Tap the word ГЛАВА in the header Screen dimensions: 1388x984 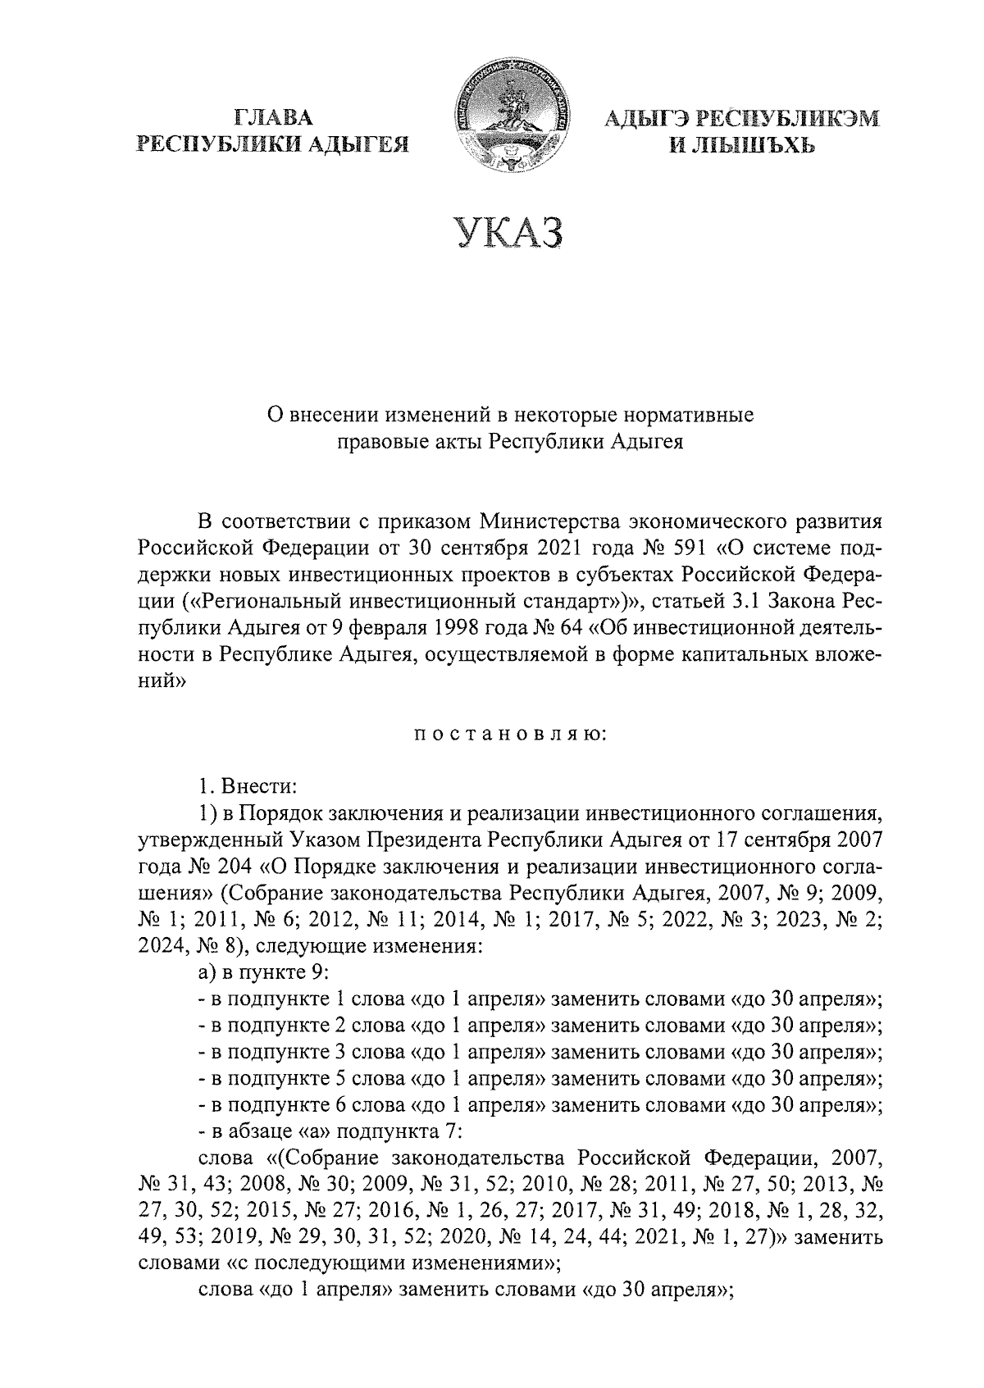coord(273,117)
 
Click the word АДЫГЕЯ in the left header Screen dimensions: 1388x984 coord(363,145)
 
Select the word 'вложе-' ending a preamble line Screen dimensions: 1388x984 coord(847,655)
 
